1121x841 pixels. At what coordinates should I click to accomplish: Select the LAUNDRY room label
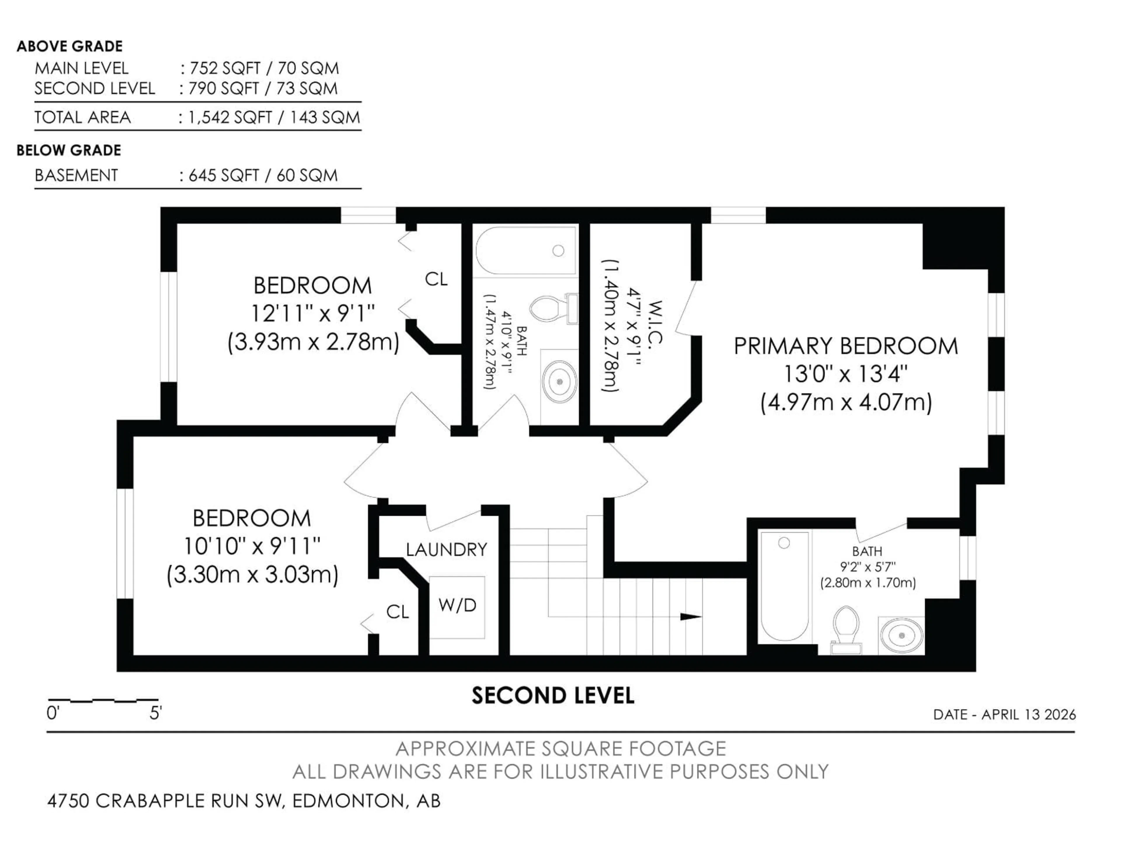446,550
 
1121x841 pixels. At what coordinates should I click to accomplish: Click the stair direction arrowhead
690,617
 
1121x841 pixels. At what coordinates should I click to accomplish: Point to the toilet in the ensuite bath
846,629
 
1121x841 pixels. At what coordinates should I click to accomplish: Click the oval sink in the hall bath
560,381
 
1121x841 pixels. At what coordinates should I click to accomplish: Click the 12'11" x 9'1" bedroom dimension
313,313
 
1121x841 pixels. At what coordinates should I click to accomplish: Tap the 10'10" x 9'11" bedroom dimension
252,546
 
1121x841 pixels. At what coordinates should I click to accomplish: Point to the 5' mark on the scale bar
155,714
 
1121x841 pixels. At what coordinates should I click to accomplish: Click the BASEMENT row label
76,176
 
